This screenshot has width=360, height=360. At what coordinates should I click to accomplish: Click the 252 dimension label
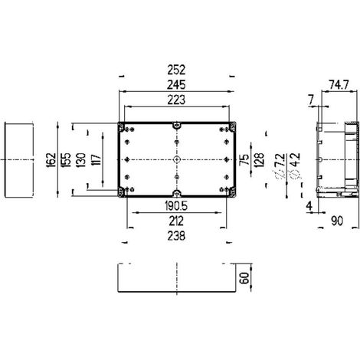coord(176,70)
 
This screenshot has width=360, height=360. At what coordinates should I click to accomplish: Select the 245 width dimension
coord(176,85)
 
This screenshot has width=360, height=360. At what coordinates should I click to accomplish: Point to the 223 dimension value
coord(176,100)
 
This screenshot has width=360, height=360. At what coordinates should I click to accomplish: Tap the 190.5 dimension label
coord(176,206)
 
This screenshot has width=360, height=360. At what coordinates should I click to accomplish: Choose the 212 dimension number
coord(176,221)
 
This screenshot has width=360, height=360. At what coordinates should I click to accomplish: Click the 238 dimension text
coord(176,236)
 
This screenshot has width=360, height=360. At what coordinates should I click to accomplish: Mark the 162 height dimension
coord(51,160)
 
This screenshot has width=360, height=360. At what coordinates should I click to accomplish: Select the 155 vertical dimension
coord(66,160)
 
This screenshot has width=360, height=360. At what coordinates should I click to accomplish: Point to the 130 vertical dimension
coord(80,160)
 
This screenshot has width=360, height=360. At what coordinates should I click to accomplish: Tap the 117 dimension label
coord(97,160)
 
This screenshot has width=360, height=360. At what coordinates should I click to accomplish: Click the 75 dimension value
coord(244,159)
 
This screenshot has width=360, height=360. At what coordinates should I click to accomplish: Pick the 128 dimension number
coord(259,160)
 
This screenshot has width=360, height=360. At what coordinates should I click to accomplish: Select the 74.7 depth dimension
coord(339,85)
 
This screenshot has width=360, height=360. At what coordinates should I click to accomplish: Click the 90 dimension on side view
coord(337,221)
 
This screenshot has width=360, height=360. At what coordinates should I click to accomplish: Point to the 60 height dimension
coord(244,278)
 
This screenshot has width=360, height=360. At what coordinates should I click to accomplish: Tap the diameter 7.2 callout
coord(280,166)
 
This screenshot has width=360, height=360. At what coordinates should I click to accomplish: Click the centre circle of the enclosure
coord(176,159)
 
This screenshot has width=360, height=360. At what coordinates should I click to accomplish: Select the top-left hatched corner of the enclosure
coord(121,127)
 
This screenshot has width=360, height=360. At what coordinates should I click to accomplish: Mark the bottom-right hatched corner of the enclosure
coord(232,192)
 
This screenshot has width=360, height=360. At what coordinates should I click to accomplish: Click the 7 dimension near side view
coord(311,100)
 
